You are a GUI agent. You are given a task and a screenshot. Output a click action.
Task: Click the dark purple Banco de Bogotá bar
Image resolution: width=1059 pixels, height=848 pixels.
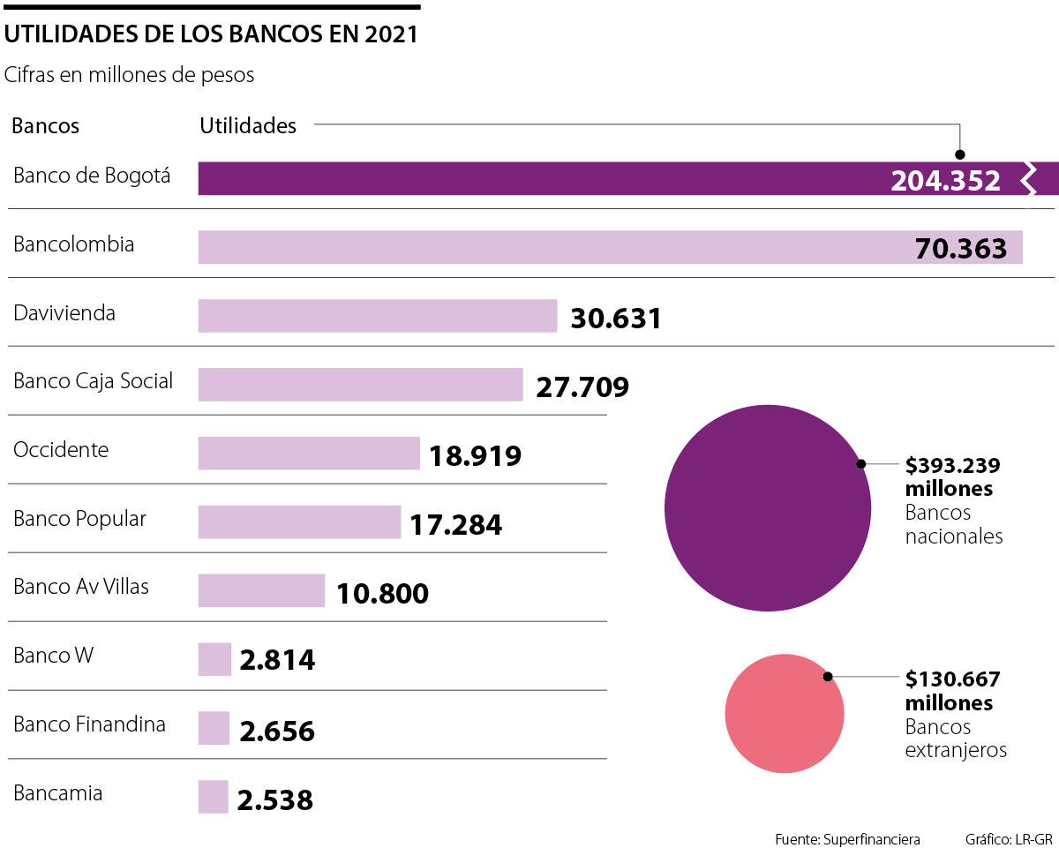coord(529,178)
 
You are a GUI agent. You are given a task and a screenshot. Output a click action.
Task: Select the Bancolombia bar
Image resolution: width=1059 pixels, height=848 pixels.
coord(547,247)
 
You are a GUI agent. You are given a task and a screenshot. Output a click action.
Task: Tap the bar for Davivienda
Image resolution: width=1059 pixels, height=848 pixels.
coord(378,316)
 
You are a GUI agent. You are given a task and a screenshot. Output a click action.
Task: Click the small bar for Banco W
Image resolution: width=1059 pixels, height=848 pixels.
coord(214,659)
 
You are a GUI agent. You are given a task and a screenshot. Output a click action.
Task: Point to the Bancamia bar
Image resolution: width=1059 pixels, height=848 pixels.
coord(213,797)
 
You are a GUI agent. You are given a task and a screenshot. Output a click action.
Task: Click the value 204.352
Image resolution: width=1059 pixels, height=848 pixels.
coord(945,181)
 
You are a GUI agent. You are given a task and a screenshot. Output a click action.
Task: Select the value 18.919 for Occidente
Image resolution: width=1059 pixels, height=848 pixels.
coord(475,456)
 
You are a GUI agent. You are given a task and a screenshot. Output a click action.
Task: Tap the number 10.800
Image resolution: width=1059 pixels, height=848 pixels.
coord(382,594)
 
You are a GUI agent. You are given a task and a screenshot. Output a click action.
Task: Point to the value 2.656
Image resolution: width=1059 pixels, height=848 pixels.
coord(276,732)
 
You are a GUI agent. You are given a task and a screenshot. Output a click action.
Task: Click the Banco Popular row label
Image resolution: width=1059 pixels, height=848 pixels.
coord(79,519)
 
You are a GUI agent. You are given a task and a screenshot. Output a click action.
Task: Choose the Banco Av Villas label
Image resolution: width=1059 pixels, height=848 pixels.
coord(81,587)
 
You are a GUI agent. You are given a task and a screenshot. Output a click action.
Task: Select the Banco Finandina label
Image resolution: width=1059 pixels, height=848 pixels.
coord(89,725)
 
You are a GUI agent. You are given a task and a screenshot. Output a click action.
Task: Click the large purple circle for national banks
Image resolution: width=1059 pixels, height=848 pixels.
coord(767,507)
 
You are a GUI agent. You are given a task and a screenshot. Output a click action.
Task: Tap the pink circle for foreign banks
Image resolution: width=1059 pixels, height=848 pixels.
coord(784,713)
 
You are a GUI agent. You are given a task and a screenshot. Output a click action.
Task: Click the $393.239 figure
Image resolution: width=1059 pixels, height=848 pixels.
coord(952,465)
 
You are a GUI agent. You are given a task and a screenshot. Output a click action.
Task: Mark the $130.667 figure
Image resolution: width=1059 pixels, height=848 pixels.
coord(952,679)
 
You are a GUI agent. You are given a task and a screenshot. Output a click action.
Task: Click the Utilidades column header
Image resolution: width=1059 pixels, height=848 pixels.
coord(248,126)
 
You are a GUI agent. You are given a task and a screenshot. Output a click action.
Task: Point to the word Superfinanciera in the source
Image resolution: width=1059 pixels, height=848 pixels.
coord(873,838)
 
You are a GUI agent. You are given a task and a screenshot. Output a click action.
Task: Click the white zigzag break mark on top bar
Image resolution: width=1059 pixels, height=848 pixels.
coord(1027,178)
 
